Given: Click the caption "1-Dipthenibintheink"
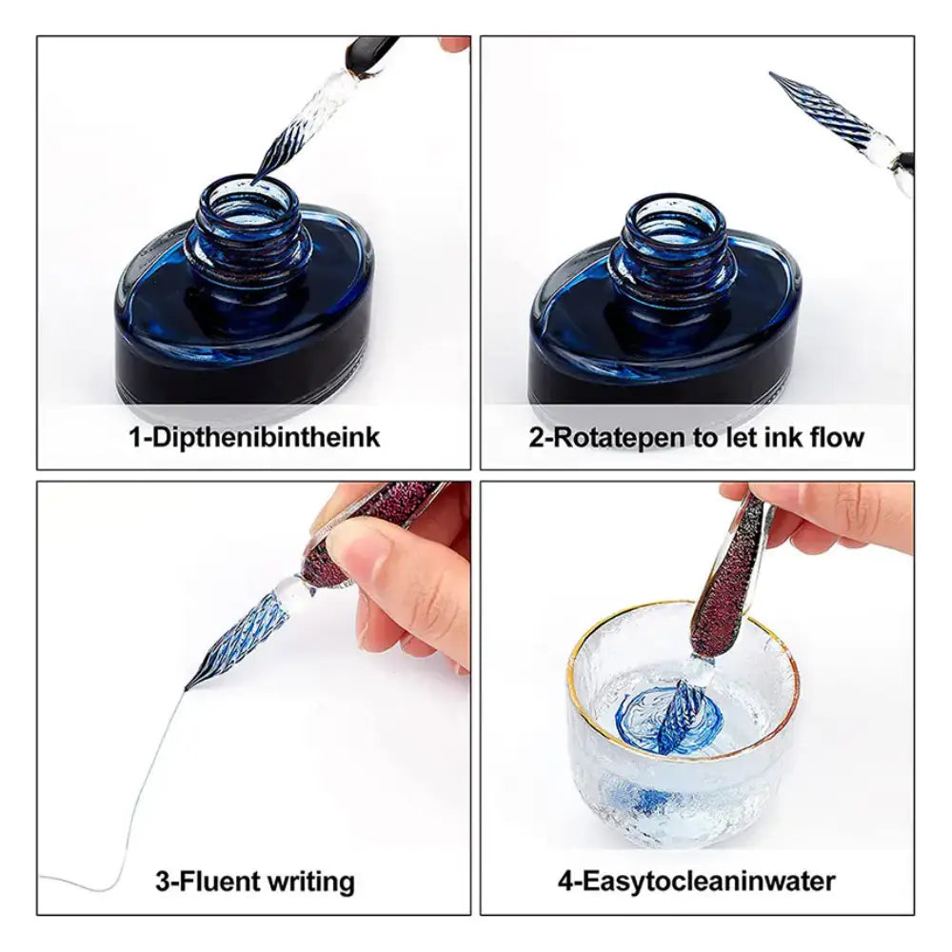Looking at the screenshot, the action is pyautogui.click(x=254, y=437).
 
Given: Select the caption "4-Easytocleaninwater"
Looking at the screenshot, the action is pyautogui.click(x=697, y=881).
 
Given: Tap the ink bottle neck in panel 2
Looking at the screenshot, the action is pyautogui.click(x=675, y=243).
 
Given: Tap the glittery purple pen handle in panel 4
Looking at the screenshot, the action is pyautogui.click(x=728, y=577).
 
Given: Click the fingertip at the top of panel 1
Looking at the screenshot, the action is pyautogui.click(x=454, y=45).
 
